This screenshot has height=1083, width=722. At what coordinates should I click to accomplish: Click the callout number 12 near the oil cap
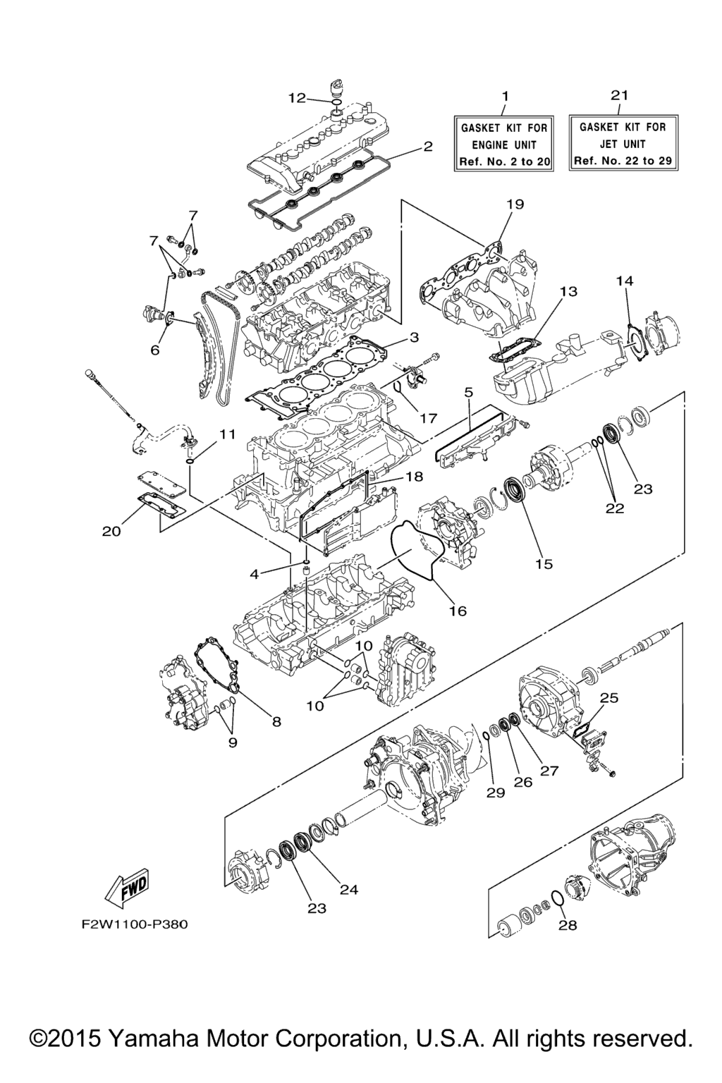point(298,98)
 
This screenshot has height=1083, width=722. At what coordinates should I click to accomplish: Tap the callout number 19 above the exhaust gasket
point(515,204)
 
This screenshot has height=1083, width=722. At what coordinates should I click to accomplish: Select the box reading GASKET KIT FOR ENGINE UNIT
point(503,143)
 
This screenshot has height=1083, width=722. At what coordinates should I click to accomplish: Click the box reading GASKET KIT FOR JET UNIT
point(623,142)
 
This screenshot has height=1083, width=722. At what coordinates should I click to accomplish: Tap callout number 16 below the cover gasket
point(458,611)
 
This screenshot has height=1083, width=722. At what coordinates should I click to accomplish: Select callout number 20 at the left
point(111,531)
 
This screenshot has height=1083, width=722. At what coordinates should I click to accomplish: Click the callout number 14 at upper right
point(625,281)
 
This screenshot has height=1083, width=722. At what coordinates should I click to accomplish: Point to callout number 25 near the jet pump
point(610,698)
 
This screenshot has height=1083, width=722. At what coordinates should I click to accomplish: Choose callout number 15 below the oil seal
point(544,564)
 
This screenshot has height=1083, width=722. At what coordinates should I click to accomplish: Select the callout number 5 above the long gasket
point(468,391)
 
